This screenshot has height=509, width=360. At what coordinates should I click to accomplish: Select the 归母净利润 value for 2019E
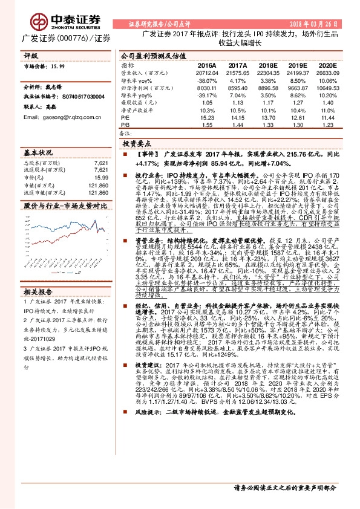298,88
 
